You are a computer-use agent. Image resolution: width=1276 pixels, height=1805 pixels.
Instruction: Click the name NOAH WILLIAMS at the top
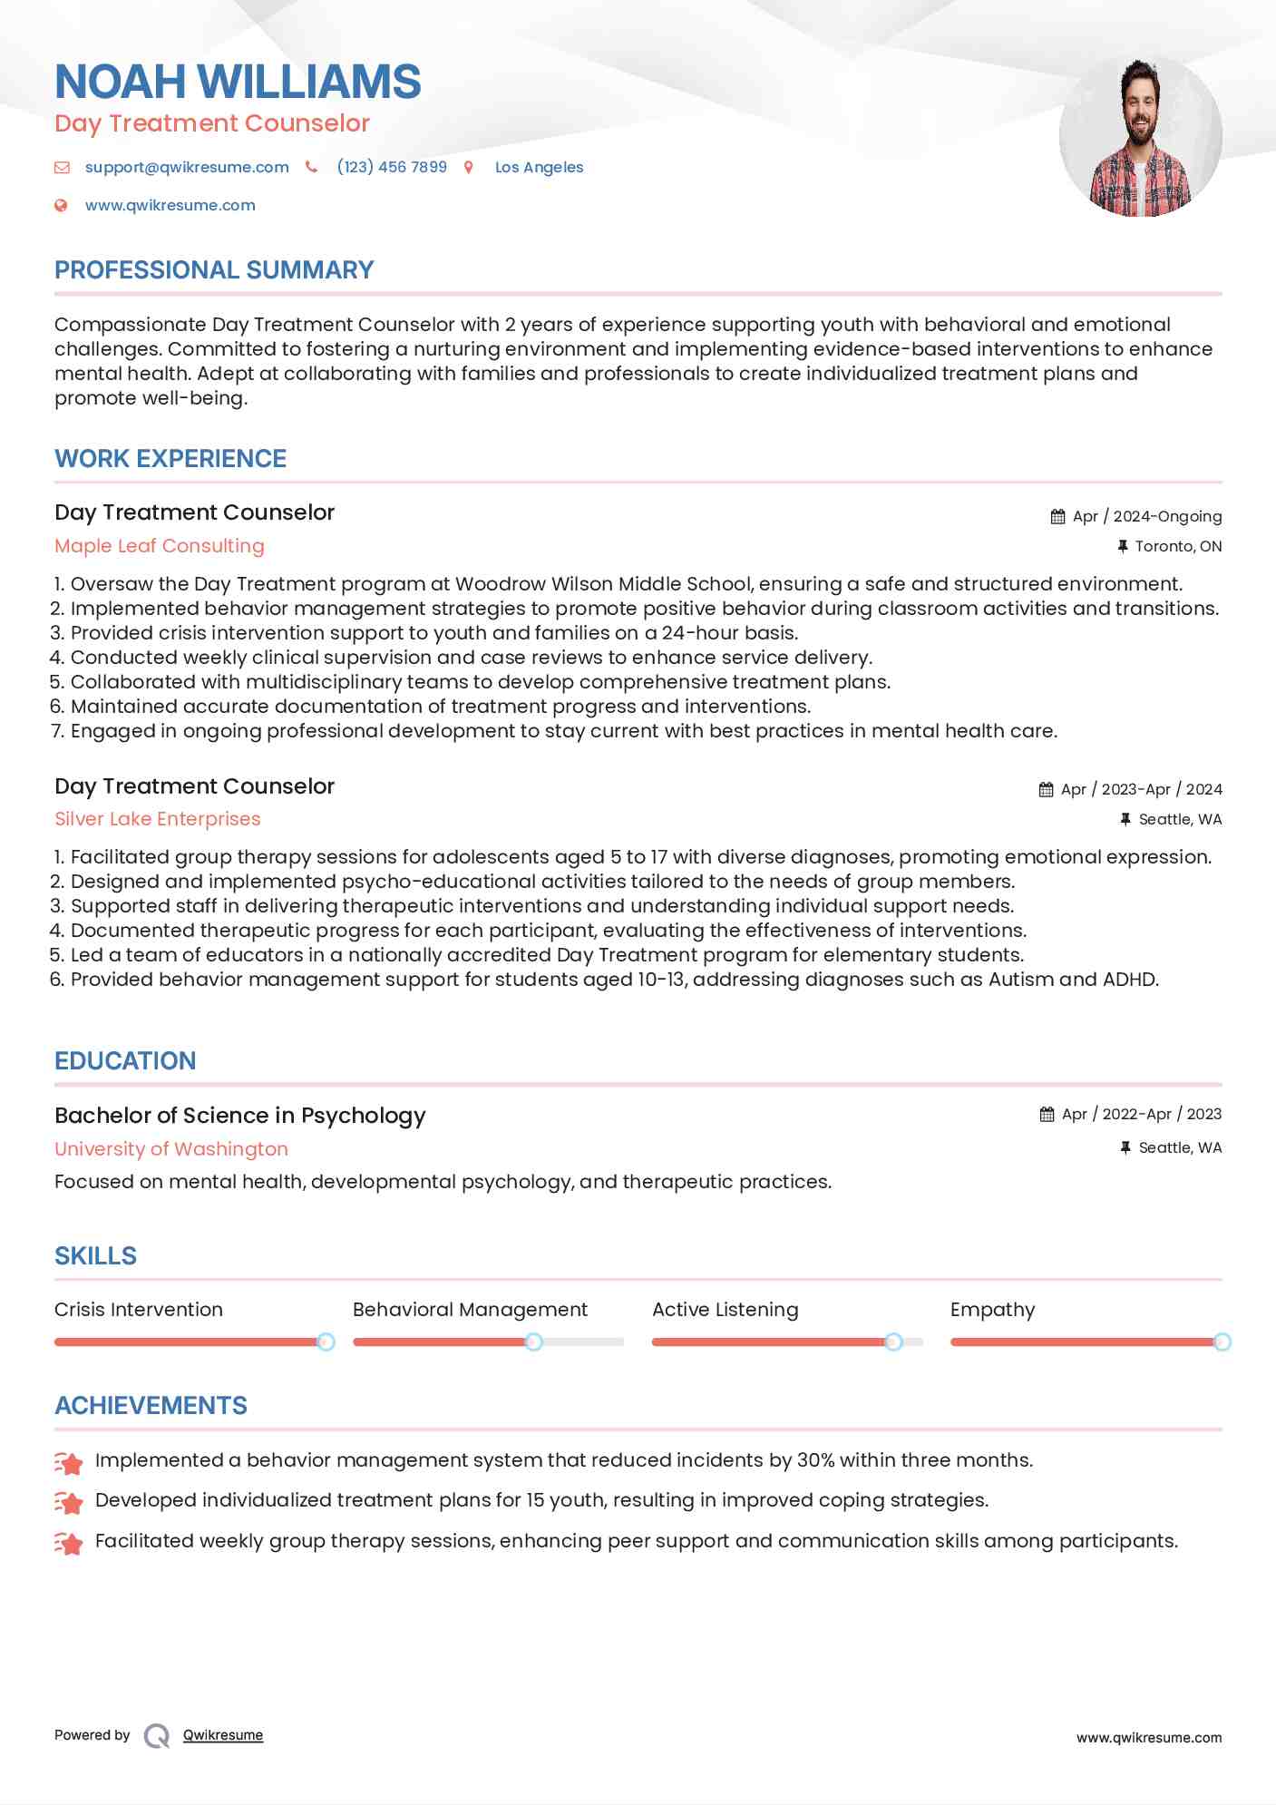coord(238,82)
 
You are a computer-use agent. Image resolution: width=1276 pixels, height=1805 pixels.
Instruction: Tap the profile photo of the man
coord(1140,136)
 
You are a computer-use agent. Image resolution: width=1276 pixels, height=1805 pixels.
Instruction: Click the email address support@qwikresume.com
coord(187,167)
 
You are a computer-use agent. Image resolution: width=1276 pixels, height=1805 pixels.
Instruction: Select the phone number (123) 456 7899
coord(392,167)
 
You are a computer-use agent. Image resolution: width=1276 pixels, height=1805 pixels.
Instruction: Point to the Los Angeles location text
coord(539,167)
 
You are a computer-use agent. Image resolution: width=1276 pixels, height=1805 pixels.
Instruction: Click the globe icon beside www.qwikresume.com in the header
coord(61,205)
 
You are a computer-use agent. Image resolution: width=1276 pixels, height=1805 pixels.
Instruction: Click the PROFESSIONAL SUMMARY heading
coord(214,270)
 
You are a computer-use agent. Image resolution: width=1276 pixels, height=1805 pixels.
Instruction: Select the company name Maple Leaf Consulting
coord(160,546)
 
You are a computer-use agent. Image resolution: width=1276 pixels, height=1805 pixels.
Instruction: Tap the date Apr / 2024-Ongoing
coord(1146,516)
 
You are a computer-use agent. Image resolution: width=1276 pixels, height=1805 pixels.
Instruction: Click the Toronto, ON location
coord(1177,546)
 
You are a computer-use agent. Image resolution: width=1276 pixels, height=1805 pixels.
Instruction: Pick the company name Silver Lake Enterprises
coord(157,819)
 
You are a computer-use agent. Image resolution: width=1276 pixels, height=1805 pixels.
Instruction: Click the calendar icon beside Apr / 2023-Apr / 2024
coord(1046,789)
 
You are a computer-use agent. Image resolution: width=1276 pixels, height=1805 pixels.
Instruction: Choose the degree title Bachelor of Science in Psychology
coord(239,1116)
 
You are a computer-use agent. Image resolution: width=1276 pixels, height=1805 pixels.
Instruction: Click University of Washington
coord(171,1149)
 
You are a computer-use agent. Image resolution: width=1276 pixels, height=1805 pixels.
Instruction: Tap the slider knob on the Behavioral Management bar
coord(534,1342)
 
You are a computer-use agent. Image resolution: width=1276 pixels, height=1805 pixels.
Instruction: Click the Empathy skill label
coord(992,1310)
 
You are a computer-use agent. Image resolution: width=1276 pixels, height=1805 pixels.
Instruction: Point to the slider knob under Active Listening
coord(893,1342)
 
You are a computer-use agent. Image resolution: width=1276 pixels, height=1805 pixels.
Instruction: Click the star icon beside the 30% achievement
coord(69,1462)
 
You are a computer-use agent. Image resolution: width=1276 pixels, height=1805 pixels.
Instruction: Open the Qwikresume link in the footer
coord(223,1735)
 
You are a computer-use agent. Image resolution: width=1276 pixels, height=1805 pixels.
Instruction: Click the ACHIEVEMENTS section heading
coord(151,1406)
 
